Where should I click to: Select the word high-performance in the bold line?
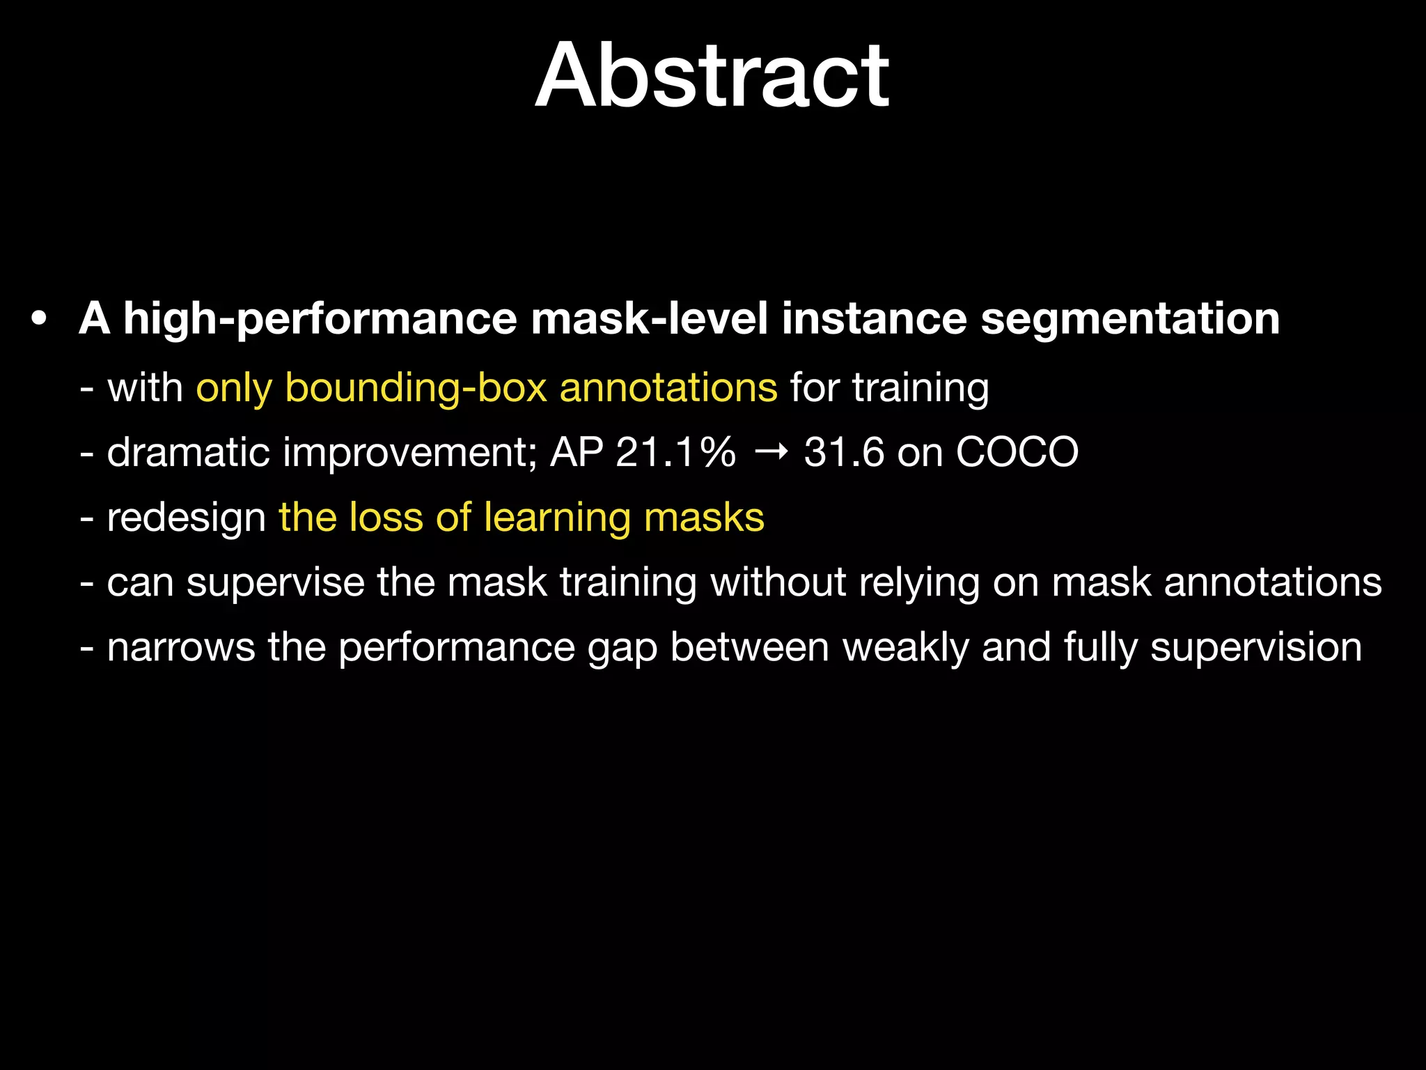coord(320,319)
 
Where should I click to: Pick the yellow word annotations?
coord(668,387)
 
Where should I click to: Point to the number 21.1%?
coord(675,452)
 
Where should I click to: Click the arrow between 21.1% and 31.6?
coord(771,453)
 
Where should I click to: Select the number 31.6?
coord(844,452)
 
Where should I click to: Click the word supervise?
coord(276,582)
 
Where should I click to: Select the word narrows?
coord(181,647)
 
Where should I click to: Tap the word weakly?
coord(905,647)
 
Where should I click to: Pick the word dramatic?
coord(188,452)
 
